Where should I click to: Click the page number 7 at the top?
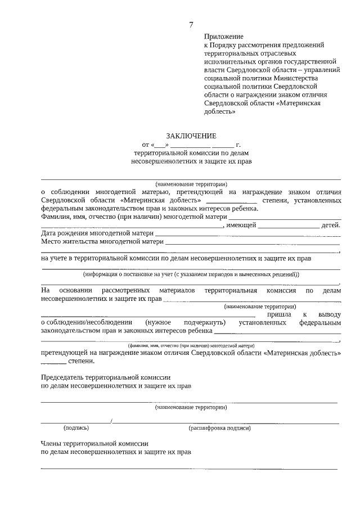click(x=191, y=24)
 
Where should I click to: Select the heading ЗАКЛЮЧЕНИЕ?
click(x=191, y=136)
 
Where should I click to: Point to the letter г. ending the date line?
click(x=238, y=145)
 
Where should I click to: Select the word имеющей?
click(x=241, y=225)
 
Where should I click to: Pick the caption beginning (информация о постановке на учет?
click(x=191, y=274)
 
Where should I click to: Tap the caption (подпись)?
click(x=76, y=427)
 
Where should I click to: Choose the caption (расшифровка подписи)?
click(x=220, y=427)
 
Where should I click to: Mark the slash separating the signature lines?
click(x=112, y=421)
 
